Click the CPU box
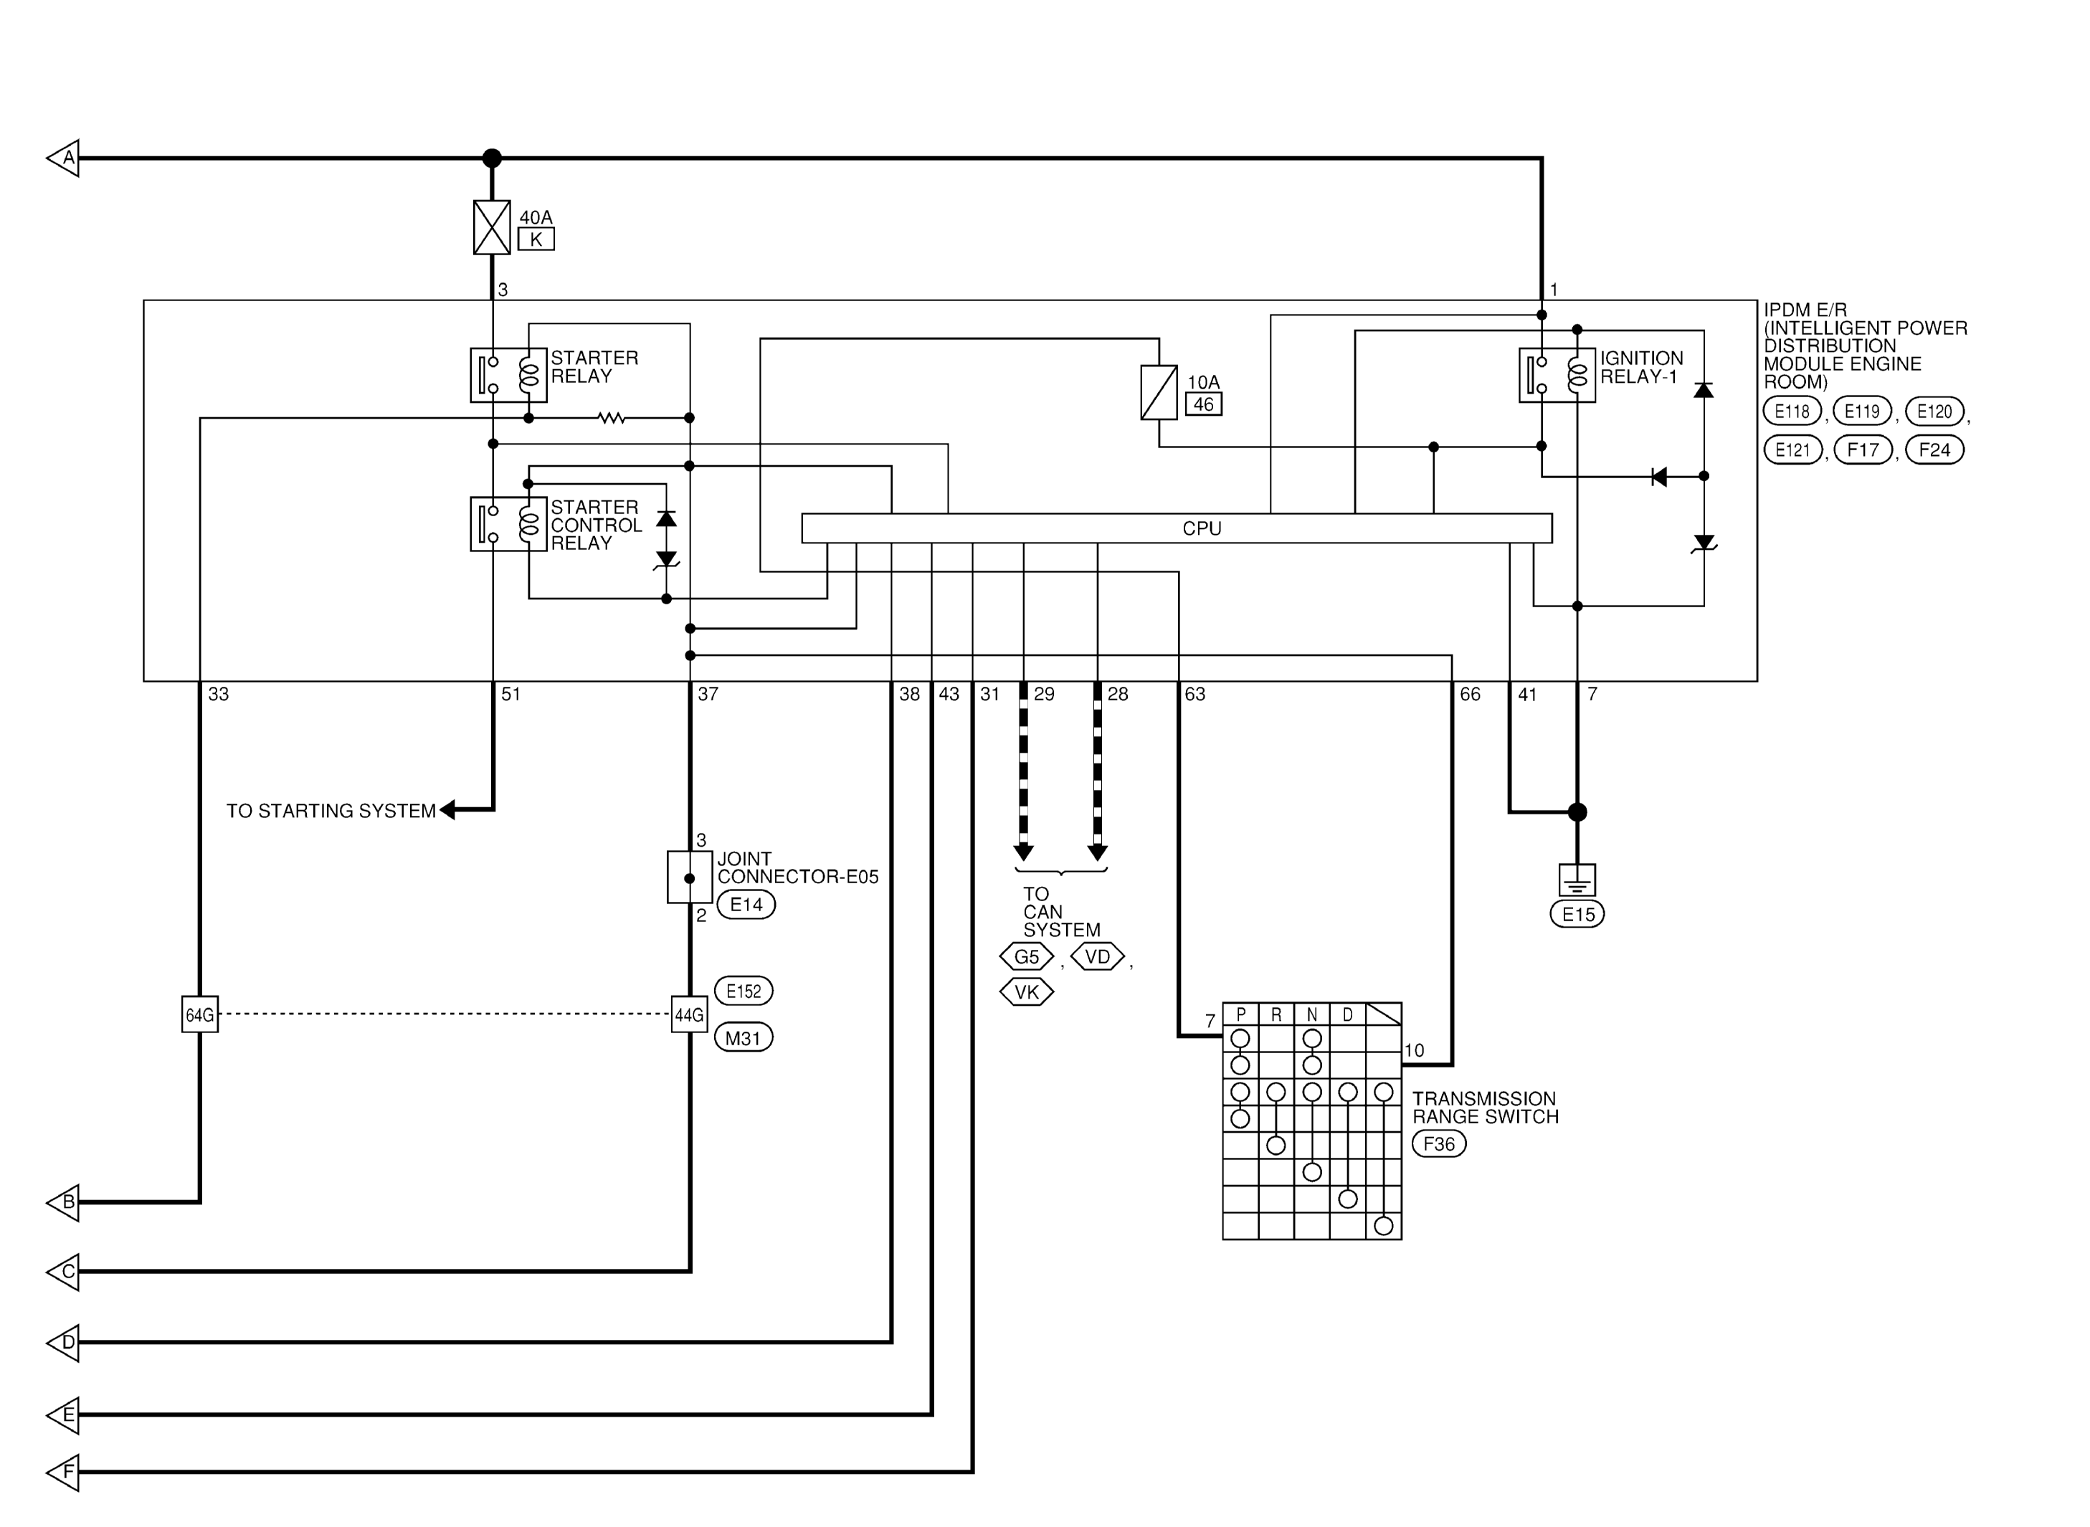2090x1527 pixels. tap(1176, 528)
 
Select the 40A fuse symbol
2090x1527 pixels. tap(492, 227)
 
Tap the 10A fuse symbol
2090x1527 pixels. tap(1159, 392)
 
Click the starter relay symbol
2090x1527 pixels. tap(508, 374)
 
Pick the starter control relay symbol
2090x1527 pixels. tap(508, 524)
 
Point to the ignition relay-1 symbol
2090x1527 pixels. tap(1557, 374)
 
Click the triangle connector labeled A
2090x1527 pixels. tap(63, 158)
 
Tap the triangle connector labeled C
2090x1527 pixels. tap(63, 1272)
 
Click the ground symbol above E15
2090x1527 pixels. tap(1577, 880)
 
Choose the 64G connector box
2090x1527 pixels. tap(199, 1014)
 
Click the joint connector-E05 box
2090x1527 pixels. tap(690, 877)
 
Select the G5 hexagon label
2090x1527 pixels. tap(1027, 956)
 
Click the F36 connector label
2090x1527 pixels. tap(1439, 1144)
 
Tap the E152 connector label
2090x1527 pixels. tap(744, 991)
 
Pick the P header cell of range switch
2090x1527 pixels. tap(1240, 1014)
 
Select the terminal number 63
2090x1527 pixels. tap(1195, 694)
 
